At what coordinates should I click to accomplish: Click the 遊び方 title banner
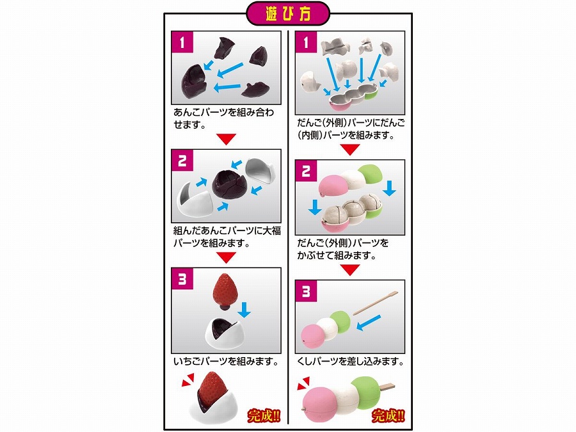[287, 13]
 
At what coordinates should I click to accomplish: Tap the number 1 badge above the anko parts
[182, 42]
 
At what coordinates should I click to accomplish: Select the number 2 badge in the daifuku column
[182, 160]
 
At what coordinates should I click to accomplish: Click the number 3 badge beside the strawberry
[182, 279]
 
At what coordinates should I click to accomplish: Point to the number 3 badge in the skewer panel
[306, 291]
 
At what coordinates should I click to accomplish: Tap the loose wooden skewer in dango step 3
[376, 303]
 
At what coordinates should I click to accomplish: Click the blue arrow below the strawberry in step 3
[244, 310]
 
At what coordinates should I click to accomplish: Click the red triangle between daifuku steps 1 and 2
[226, 139]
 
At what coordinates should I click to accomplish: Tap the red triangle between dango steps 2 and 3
[349, 269]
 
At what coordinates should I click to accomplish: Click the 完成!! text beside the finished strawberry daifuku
[264, 416]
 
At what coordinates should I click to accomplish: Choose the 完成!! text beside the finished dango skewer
[388, 416]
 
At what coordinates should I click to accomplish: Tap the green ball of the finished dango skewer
[365, 392]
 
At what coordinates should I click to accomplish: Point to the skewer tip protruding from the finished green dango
[387, 387]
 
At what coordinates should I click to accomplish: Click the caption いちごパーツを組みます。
[226, 362]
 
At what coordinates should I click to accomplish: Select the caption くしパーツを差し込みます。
[350, 362]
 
